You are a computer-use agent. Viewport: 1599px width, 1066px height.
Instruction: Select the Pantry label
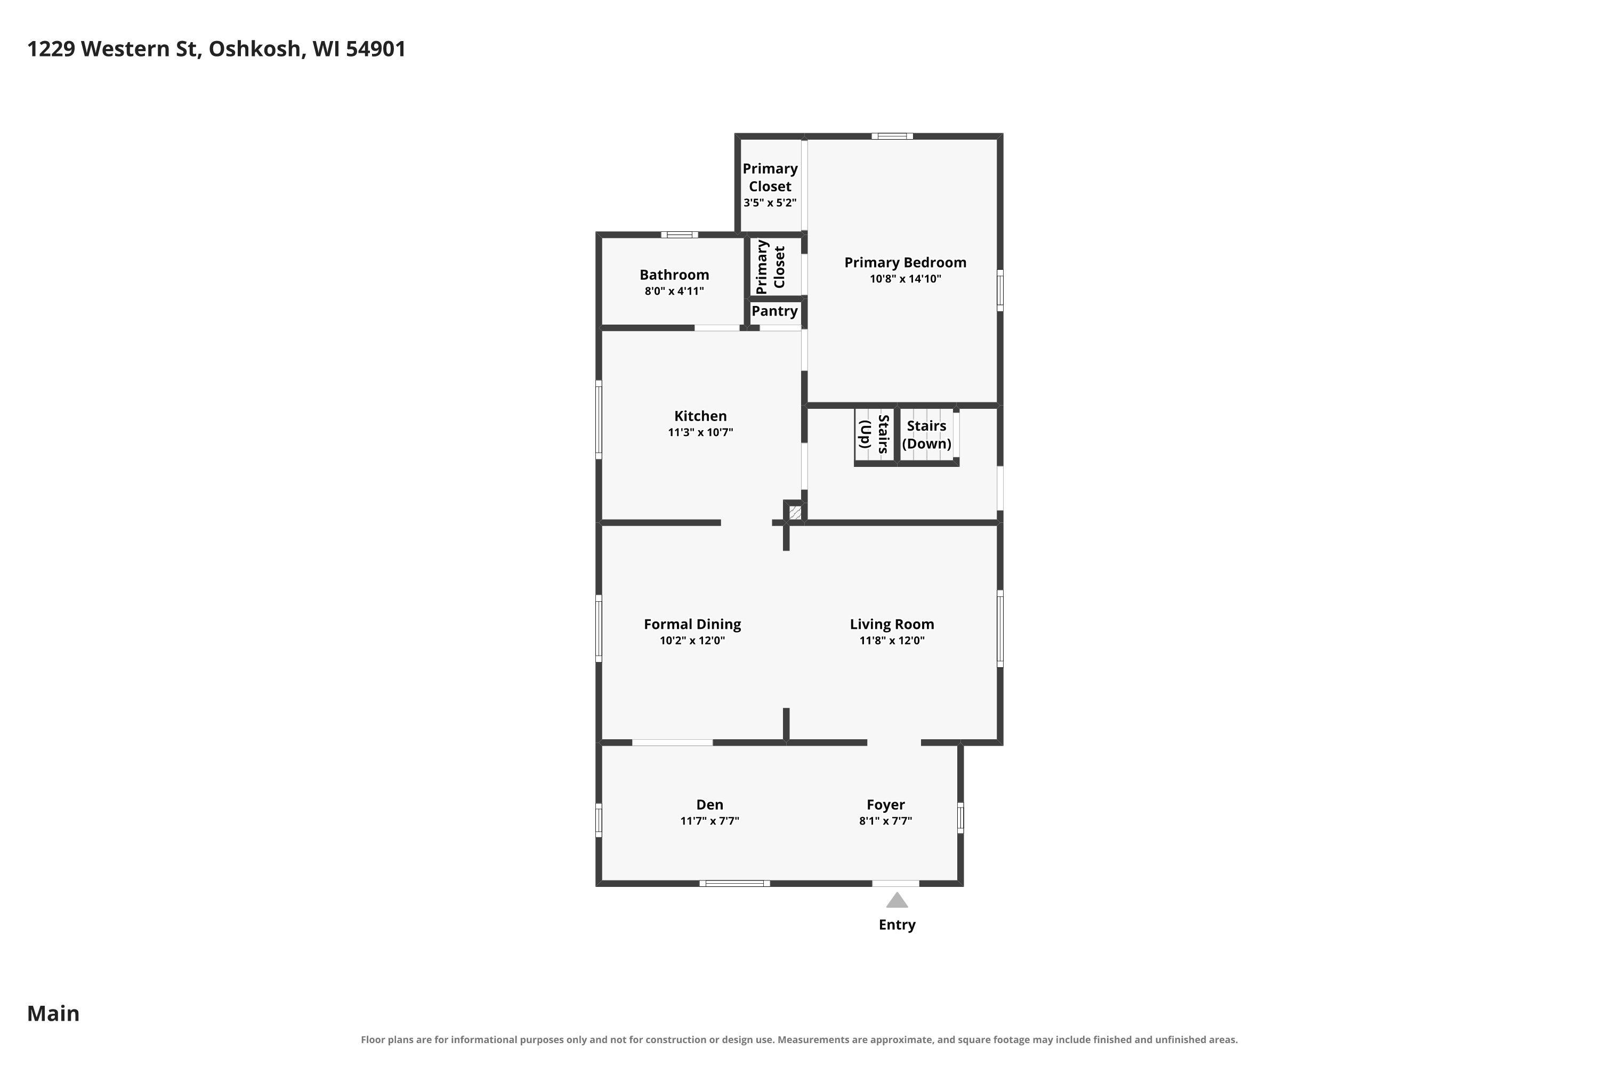point(774,311)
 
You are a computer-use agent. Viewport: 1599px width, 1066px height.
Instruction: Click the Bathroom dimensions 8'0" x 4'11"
point(674,292)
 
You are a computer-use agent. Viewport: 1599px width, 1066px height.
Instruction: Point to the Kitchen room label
point(700,416)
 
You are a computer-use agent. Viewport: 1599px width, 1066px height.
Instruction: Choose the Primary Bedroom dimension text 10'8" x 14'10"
point(906,279)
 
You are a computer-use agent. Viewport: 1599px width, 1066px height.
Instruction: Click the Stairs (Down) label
point(927,435)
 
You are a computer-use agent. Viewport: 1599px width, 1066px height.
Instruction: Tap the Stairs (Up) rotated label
point(874,434)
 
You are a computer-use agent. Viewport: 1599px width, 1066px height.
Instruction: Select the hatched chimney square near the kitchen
point(795,512)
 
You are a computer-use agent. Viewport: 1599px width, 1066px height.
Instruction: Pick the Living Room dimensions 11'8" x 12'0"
point(892,641)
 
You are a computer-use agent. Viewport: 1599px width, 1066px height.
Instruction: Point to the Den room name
point(710,804)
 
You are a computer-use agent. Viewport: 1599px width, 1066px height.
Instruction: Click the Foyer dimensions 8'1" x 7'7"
point(886,821)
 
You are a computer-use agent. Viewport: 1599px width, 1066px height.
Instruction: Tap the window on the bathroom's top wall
point(680,235)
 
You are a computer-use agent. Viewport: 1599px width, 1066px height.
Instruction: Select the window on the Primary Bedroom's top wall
point(893,136)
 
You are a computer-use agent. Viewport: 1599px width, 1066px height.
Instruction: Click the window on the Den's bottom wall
point(735,883)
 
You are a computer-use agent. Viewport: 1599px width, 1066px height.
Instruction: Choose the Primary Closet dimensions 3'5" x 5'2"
point(770,203)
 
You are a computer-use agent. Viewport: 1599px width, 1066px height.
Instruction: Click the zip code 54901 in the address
point(376,49)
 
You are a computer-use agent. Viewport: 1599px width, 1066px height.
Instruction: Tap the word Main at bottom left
point(53,1014)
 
